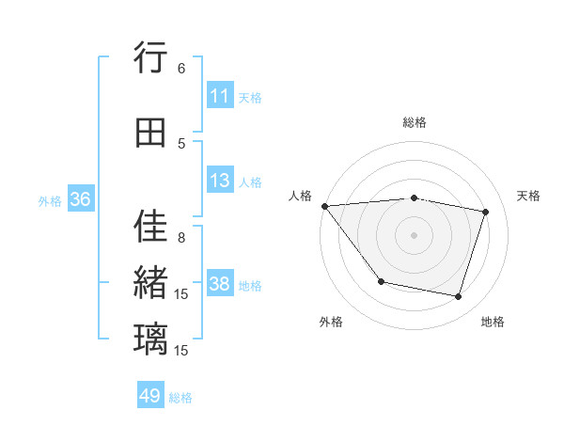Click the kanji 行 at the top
tap(151, 59)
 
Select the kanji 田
tap(151, 133)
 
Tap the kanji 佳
tap(151, 227)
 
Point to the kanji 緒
tap(151, 281)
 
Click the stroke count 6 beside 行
tap(181, 69)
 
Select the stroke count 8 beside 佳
tap(181, 238)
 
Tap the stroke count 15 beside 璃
tap(181, 350)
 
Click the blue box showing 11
tap(220, 96)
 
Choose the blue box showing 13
tap(220, 181)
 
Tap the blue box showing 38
tap(220, 284)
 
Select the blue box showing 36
tap(80, 199)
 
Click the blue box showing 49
tap(150, 396)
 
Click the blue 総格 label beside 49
tap(180, 398)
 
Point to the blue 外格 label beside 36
tap(50, 200)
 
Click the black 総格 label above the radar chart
tap(415, 122)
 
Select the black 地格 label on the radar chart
tap(493, 322)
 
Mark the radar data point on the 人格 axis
tap(324, 206)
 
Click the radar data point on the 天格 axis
tap(486, 212)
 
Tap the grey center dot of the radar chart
tap(414, 234)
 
